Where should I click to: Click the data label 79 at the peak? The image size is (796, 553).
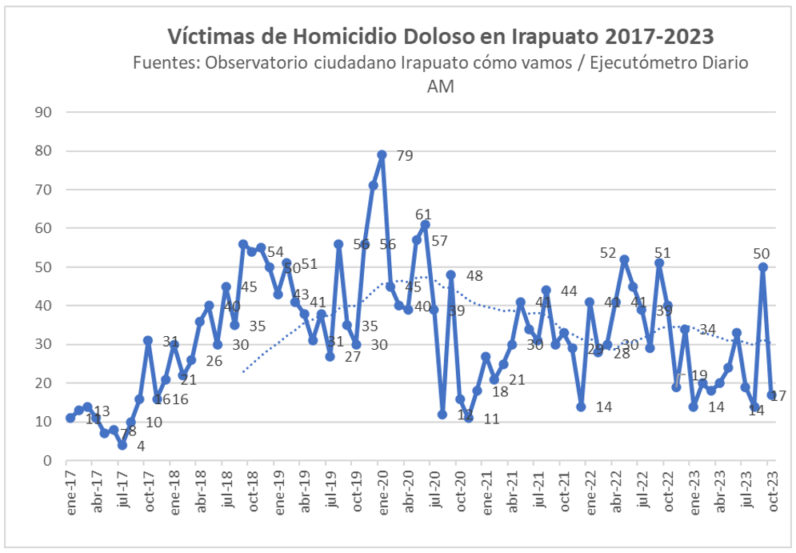coord(404,156)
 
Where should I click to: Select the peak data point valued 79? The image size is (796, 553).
coord(382,154)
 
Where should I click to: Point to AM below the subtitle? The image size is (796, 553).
coord(441,86)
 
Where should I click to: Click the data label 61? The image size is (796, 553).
coord(423,214)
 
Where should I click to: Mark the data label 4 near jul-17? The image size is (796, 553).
coord(141,446)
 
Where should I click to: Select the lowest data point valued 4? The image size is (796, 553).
coord(122,445)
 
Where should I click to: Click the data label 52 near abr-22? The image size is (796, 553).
coord(610,253)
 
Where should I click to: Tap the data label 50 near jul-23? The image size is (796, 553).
coord(761,254)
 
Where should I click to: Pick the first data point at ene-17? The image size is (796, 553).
coord(70,418)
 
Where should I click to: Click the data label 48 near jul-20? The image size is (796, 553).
coord(474,276)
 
